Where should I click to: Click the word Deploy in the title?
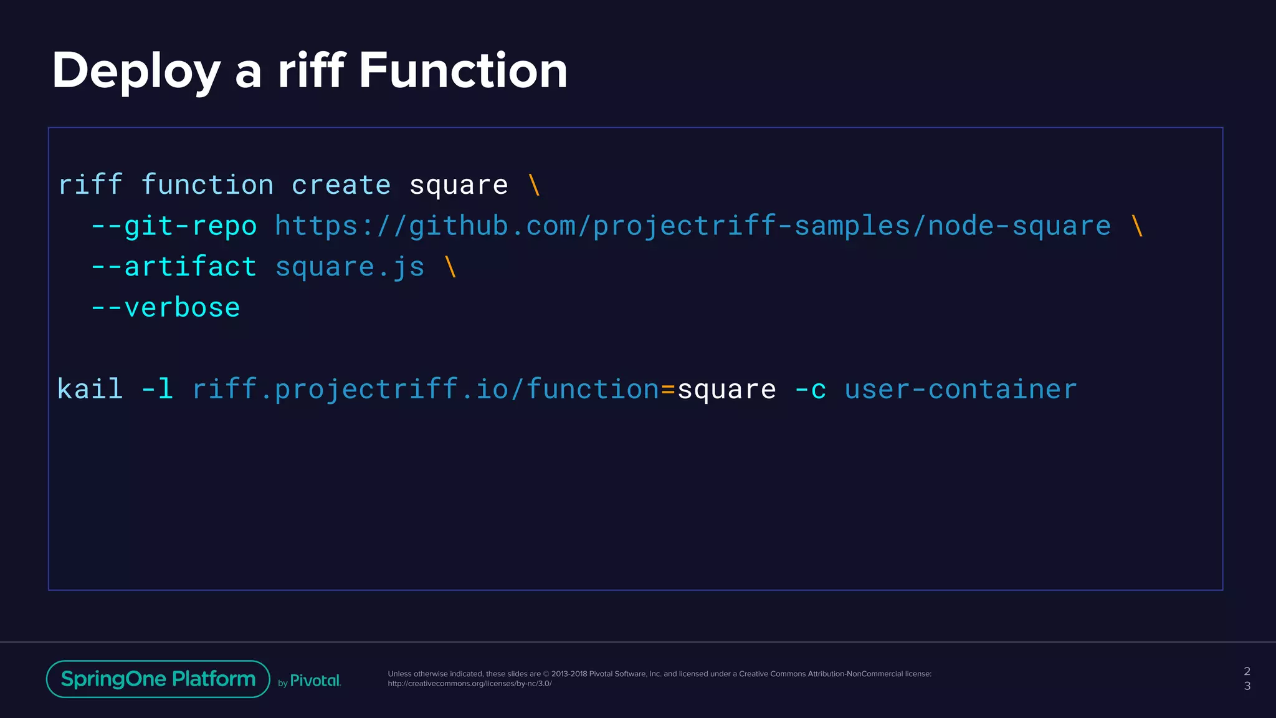coord(136,72)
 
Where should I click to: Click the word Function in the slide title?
coord(463,70)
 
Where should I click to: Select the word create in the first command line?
coord(341,185)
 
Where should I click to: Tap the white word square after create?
coord(459,186)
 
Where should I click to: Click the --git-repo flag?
coord(174,226)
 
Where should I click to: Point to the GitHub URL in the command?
coord(692,226)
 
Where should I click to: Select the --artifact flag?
coord(174,267)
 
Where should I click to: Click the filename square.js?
coord(350,267)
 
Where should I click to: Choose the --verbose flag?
coord(166,308)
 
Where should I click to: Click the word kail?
coord(90,390)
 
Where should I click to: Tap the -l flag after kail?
coord(157,390)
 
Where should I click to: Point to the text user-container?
coord(960,390)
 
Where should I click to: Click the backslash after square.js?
coord(450,267)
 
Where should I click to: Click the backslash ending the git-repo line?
coord(1137,226)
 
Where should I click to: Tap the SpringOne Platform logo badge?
coord(158,679)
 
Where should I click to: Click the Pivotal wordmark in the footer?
coord(315,681)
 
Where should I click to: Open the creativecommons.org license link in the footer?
coord(469,684)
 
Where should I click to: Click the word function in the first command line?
coord(207,185)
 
